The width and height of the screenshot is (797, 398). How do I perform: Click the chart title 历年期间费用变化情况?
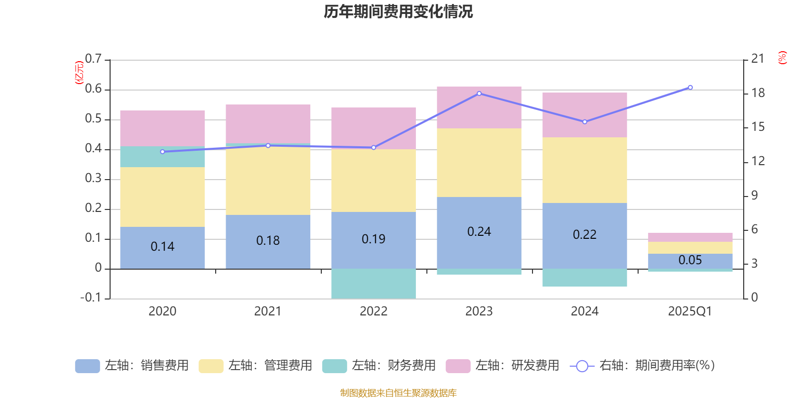pyautogui.click(x=398, y=11)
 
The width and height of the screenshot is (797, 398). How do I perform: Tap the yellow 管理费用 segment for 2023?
pyautogui.click(x=479, y=163)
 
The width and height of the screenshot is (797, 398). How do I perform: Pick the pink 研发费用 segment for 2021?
pyautogui.click(x=268, y=123)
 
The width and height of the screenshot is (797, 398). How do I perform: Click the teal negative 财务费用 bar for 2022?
pyautogui.click(x=374, y=284)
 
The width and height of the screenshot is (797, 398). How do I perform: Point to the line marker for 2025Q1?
pyautogui.click(x=690, y=88)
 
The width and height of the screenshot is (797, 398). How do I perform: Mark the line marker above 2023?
pyautogui.click(x=479, y=94)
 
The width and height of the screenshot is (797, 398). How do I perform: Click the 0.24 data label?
pyautogui.click(x=479, y=232)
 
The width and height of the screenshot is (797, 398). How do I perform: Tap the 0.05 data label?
pyautogui.click(x=690, y=260)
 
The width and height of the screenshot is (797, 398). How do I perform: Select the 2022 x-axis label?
pyautogui.click(x=374, y=311)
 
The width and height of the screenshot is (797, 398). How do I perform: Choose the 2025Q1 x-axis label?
pyautogui.click(x=690, y=311)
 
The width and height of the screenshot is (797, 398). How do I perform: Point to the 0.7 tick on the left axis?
pyautogui.click(x=93, y=59)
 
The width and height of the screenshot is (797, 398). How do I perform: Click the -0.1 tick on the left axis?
pyautogui.click(x=91, y=298)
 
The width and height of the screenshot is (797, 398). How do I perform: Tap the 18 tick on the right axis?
pyautogui.click(x=758, y=93)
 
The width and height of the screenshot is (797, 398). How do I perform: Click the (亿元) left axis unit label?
pyautogui.click(x=79, y=73)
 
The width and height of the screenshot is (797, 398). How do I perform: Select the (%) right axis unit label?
pyautogui.click(x=782, y=58)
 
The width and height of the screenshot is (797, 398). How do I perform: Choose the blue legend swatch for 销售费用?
pyautogui.click(x=87, y=366)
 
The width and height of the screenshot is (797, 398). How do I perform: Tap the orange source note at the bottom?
pyautogui.click(x=398, y=393)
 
